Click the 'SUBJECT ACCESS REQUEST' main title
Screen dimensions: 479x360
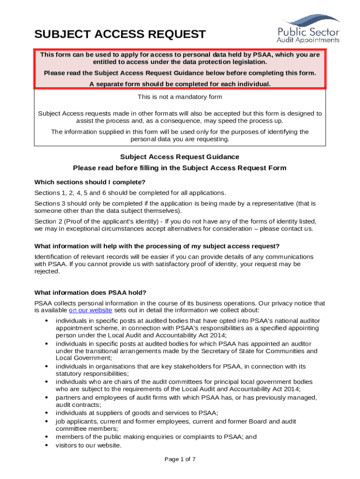[120, 34]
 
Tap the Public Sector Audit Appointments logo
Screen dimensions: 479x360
[308, 29]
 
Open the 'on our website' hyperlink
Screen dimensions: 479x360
[90, 310]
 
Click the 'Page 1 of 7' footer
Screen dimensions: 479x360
[180, 459]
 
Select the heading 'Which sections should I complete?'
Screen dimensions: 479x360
[90, 182]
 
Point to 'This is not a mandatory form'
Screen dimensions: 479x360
[180, 97]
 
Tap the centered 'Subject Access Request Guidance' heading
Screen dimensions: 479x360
[180, 157]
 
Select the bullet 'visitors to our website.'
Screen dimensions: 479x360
[88, 445]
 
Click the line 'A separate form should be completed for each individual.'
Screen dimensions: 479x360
[180, 84]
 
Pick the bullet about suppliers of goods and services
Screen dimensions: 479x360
[137, 413]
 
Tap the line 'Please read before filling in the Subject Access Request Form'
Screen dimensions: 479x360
[180, 168]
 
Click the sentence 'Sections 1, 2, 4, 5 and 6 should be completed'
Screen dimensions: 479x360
[130, 193]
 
